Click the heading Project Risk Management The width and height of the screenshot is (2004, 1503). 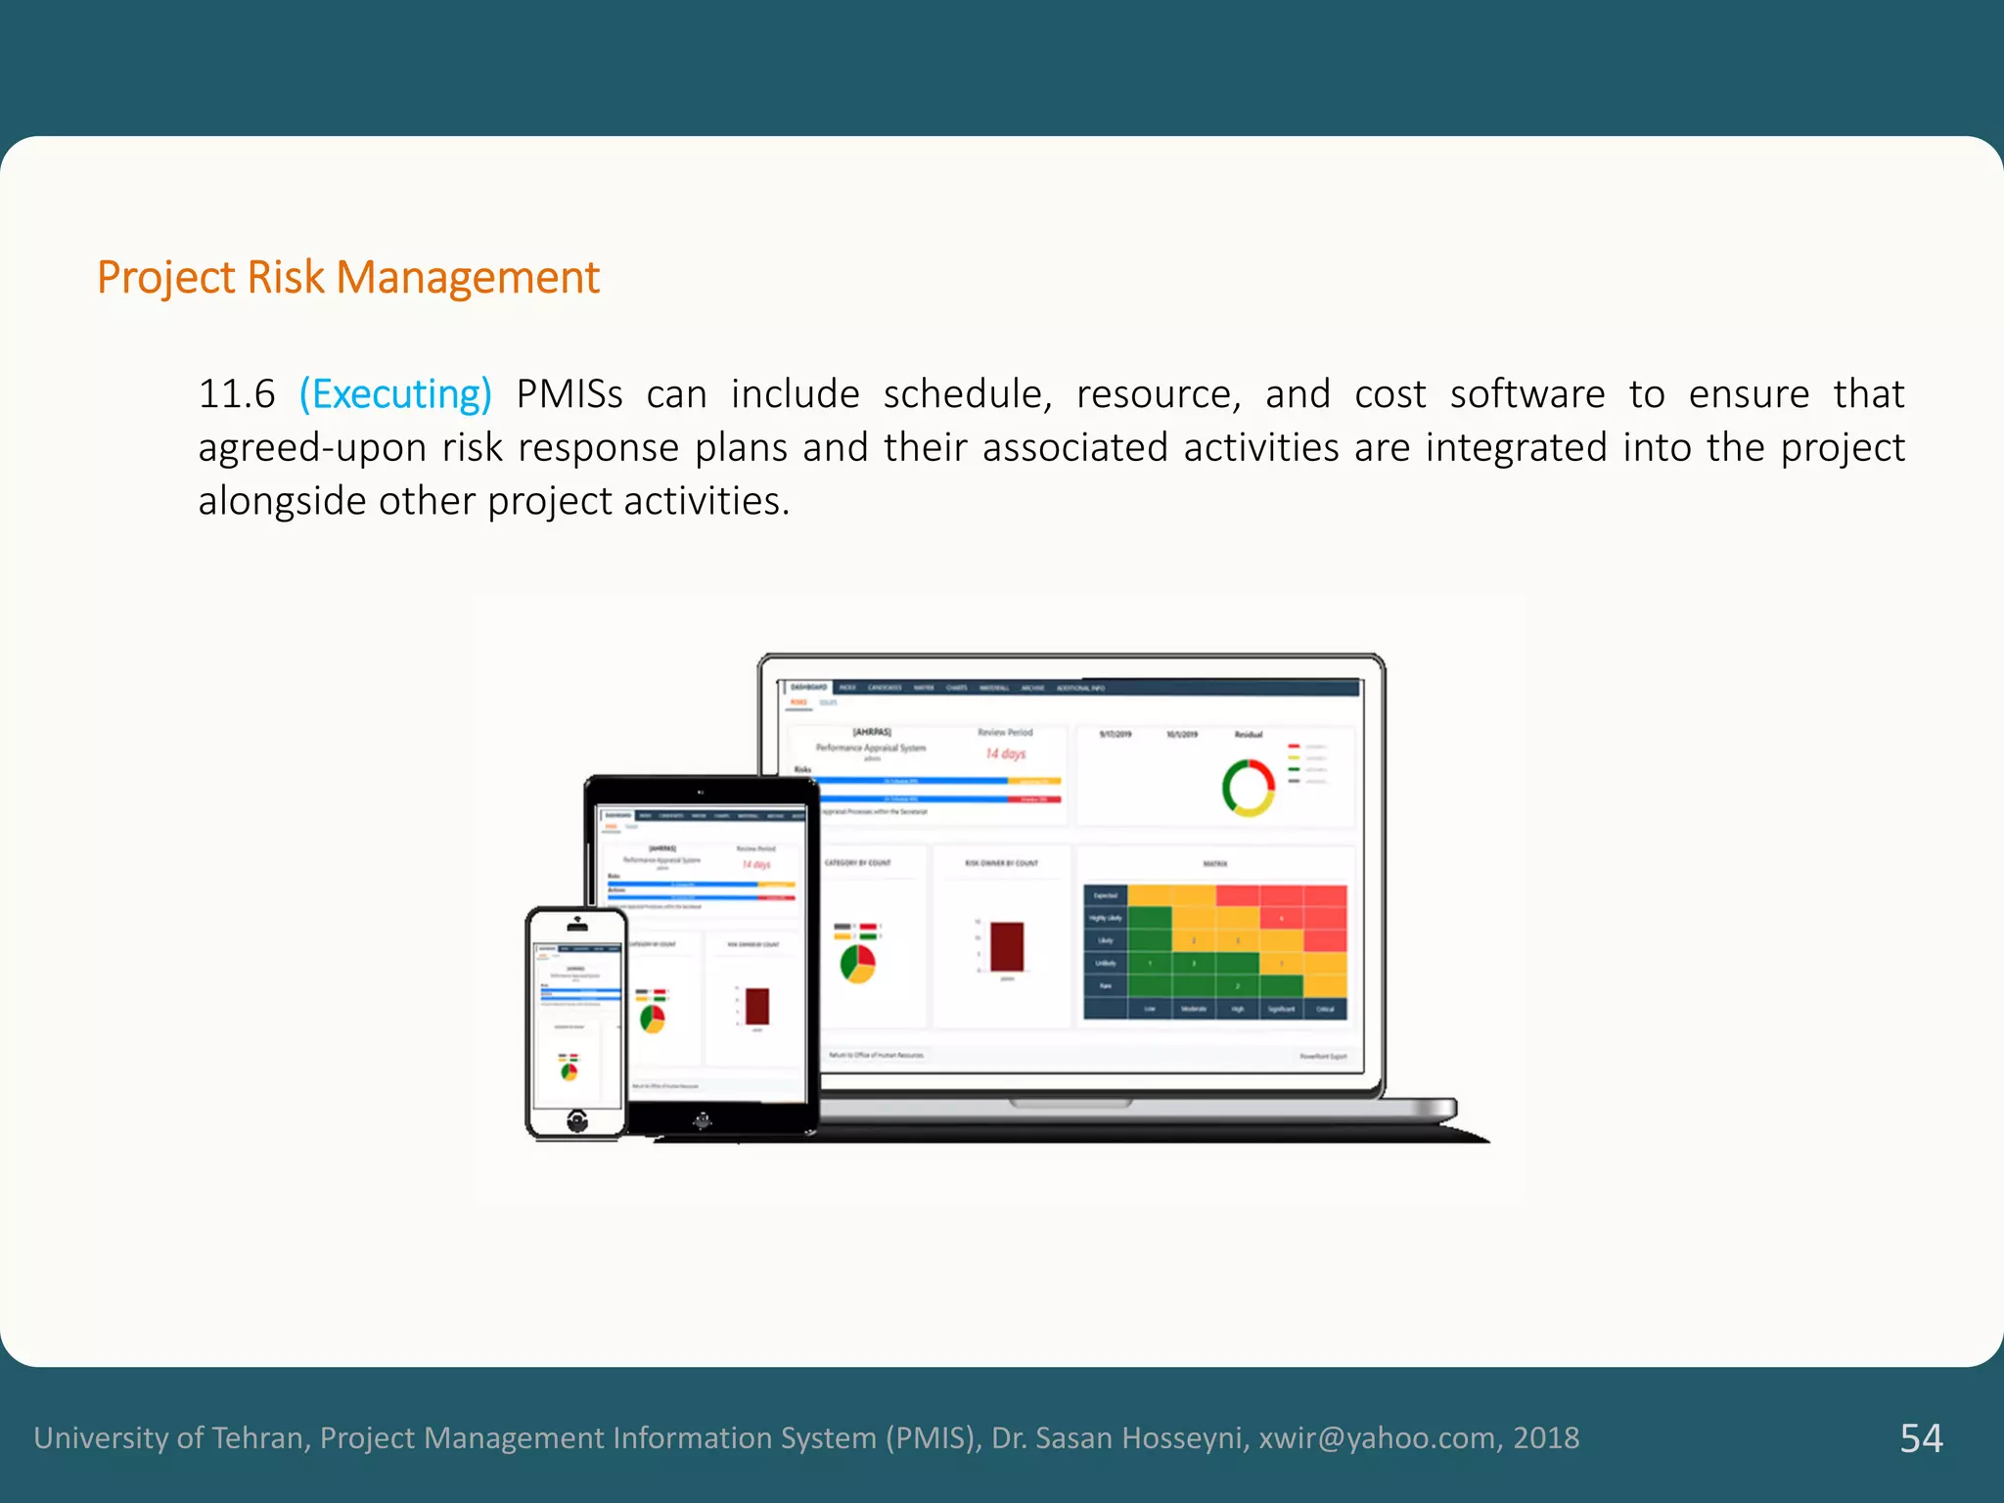tap(347, 278)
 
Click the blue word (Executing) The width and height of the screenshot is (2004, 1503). tap(395, 394)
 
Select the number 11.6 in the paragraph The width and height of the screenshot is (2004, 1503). tap(237, 394)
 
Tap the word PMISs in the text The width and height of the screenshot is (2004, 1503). tap(569, 394)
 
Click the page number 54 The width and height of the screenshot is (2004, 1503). tap(1921, 1437)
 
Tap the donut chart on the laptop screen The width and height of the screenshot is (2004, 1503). tap(1248, 788)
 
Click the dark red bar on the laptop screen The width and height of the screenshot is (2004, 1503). tap(1007, 946)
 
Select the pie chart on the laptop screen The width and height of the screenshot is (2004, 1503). tap(858, 963)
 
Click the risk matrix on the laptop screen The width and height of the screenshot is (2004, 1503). tap(1215, 951)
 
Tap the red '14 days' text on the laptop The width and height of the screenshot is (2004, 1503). tap(1005, 753)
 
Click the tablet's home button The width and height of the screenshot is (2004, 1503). tap(702, 1120)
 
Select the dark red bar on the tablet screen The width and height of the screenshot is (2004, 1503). tap(756, 1006)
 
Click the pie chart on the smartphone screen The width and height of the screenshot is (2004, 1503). tap(569, 1071)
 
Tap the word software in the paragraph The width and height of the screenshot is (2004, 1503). tap(1526, 394)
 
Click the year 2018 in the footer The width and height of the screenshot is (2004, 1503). tap(1546, 1437)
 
